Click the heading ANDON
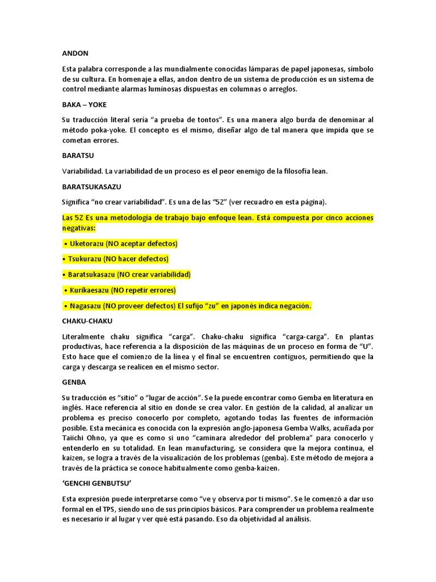point(75,53)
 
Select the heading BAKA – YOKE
point(84,105)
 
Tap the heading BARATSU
point(78,155)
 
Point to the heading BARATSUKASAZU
point(91,186)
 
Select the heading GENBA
point(74,383)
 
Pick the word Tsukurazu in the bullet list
point(86,259)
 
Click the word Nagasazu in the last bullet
point(86,306)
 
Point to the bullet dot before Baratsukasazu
point(65,275)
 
